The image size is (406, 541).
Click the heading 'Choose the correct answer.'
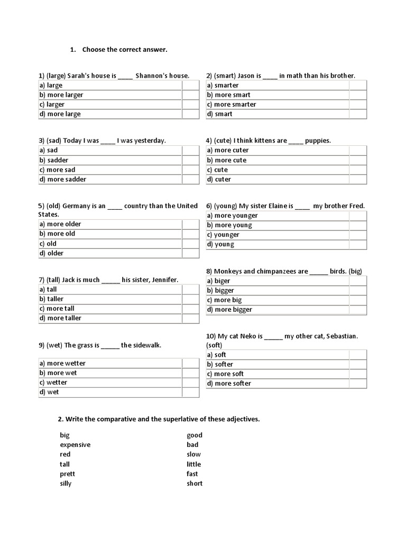125,50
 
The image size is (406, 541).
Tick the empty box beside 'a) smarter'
357,86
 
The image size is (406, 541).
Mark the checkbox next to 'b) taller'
190,299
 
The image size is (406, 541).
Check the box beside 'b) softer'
357,365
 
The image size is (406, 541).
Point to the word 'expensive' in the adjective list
75,445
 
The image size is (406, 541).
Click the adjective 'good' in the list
195,435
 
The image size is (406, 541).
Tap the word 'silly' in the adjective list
66,483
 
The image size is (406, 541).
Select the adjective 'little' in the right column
193,464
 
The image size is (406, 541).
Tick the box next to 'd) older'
190,254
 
